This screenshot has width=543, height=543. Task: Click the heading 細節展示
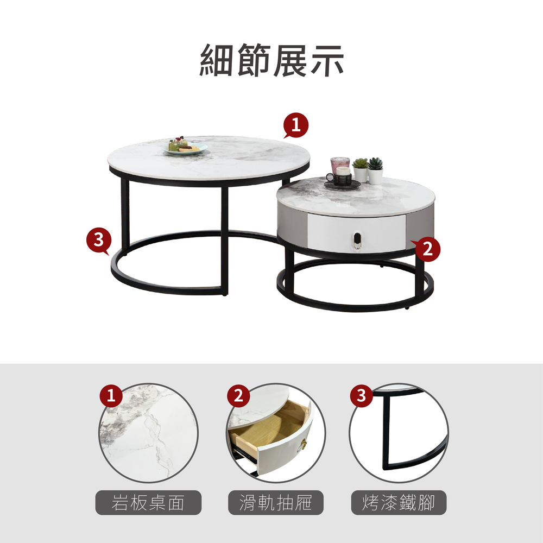coord(271,60)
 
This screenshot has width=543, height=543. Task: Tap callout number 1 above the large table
coord(296,125)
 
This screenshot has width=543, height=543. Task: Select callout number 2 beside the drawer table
coord(427,249)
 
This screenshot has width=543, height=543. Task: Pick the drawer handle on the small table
coord(357,240)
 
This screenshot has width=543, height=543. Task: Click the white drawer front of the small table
coord(356,233)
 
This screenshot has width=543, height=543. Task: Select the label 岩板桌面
coord(148,502)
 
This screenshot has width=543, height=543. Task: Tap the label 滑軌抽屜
coord(276,502)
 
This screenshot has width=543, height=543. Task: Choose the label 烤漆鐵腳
coord(399,502)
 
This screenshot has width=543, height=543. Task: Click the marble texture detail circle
coord(149,433)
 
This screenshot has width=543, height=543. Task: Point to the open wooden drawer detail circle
coord(276,433)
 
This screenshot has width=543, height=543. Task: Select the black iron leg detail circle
coord(399,433)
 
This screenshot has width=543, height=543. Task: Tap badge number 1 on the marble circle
coord(111,395)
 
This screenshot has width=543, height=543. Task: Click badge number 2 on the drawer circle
coord(238,395)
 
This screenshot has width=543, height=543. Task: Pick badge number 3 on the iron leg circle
coord(361,395)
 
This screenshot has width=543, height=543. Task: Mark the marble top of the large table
coord(208,158)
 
